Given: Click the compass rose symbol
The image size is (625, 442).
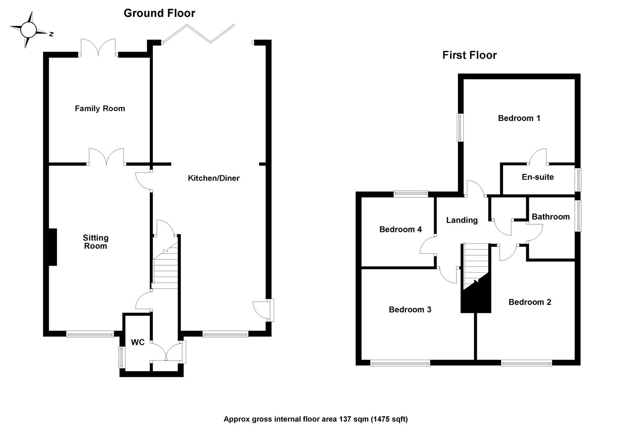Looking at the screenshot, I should [29, 29].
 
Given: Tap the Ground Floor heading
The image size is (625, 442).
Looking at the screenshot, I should [159, 13].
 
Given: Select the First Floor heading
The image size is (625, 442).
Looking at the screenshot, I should [469, 55].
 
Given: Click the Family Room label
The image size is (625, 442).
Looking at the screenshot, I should [100, 108].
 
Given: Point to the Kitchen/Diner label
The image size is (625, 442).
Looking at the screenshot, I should [213, 178].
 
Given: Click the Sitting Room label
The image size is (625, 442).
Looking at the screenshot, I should [95, 242].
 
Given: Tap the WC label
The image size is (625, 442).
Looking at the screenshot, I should [138, 343].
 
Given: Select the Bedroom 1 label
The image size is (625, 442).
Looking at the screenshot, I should [519, 118].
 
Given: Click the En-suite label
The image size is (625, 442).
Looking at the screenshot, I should [537, 177].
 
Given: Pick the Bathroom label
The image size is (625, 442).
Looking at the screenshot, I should [550, 217].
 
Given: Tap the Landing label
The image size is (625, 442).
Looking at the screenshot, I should [461, 220].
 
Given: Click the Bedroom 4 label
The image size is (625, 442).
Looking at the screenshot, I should [400, 230].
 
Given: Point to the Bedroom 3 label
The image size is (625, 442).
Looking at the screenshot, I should [410, 310].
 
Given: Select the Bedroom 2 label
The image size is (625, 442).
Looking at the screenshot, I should [529, 302].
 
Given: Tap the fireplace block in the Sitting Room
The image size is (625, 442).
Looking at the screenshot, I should [53, 247].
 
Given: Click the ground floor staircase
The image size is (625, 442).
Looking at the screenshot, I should [166, 266].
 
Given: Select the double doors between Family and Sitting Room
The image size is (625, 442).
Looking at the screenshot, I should [106, 157].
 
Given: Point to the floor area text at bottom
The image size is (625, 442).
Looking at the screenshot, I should [315, 419].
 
